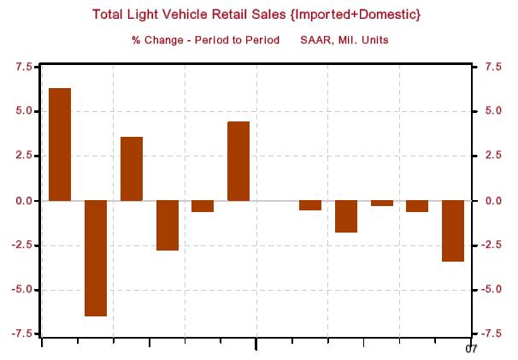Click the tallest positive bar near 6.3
click(x=60, y=144)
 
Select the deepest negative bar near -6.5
click(x=95, y=258)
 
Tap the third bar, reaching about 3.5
click(x=131, y=168)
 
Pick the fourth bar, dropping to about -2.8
click(x=167, y=225)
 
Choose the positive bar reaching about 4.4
click(x=238, y=161)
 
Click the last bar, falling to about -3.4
click(x=453, y=231)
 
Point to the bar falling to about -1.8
click(x=345, y=216)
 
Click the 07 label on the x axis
click(x=470, y=348)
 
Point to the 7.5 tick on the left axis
click(x=23, y=67)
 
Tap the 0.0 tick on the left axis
click(x=23, y=201)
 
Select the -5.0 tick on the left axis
click(x=21, y=290)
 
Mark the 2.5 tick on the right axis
click(x=492, y=156)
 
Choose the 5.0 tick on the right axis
click(x=492, y=111)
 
